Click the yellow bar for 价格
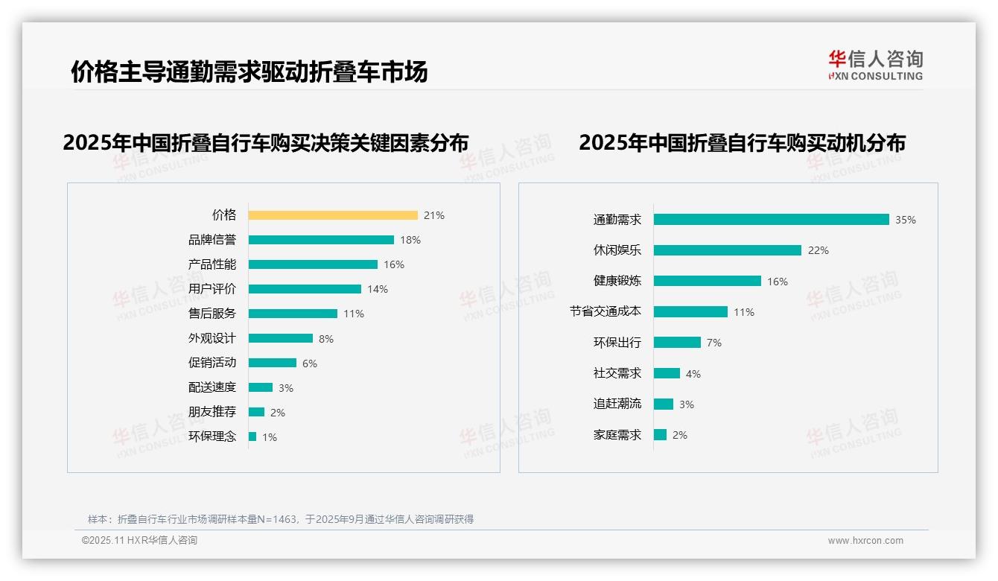coord(333,215)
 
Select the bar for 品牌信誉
coord(321,240)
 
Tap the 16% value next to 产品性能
coord(394,264)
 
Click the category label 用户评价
coord(212,289)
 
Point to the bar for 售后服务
coord(293,314)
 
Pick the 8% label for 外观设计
coord(326,339)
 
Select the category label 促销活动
coord(212,363)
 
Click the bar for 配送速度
coord(261,387)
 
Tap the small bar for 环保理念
coord(252,436)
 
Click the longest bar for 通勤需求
coord(771,220)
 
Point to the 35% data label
coord(906,220)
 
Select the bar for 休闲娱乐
coord(727,250)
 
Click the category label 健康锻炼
coord(617,281)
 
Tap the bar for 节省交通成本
coord(690,312)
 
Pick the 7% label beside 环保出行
coord(714,343)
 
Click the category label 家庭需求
coord(617,434)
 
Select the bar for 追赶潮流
coord(664,404)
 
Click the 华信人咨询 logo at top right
coord(875,65)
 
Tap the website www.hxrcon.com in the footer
coord(865,541)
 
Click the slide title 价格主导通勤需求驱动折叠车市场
coord(249,72)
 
